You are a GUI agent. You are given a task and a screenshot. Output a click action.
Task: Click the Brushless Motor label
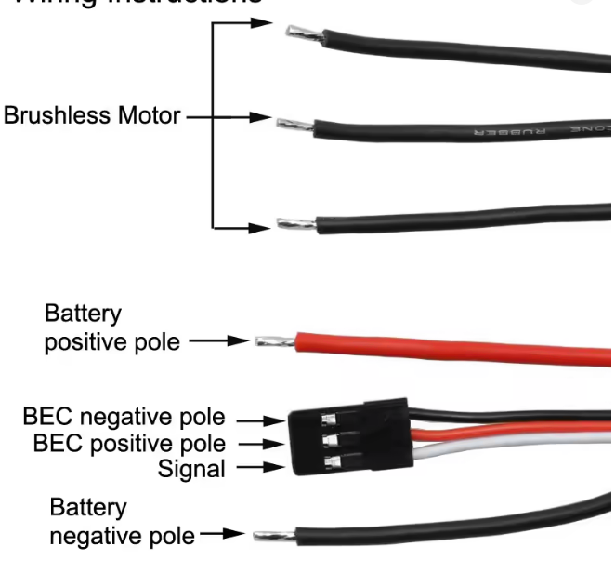coord(92,118)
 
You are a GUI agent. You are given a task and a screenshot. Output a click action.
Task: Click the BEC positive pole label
coord(129,443)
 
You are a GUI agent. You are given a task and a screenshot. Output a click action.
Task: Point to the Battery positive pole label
coord(111,327)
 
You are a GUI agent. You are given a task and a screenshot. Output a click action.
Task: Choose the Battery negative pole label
coord(122,522)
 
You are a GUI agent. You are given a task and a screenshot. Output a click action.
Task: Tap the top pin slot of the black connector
coord(329,418)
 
